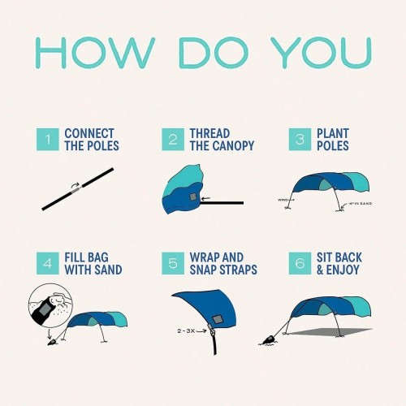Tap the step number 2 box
pos(173,140)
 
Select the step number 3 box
pos(300,140)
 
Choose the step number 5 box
pos(173,263)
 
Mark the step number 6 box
pos(300,263)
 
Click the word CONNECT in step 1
pos(89,133)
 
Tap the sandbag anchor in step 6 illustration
pos(268,339)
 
